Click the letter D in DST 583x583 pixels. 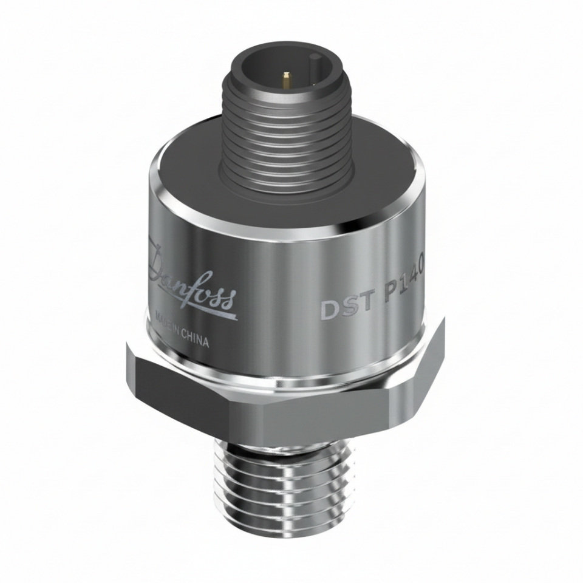(x=329, y=309)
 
